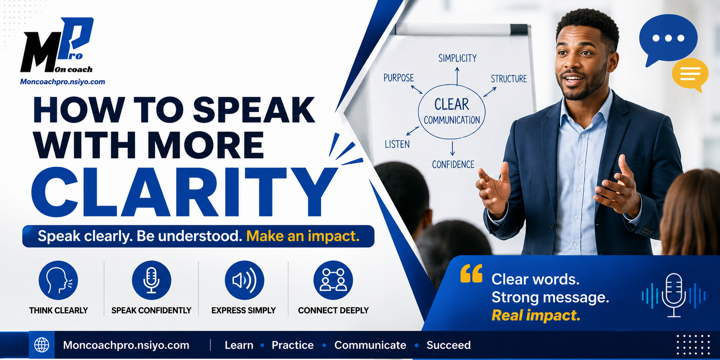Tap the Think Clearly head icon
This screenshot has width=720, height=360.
pyautogui.click(x=58, y=280)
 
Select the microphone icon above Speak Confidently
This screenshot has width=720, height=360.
pyautogui.click(x=151, y=280)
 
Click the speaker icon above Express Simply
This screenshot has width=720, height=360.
pyautogui.click(x=244, y=280)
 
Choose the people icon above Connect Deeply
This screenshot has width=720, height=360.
pyautogui.click(x=333, y=280)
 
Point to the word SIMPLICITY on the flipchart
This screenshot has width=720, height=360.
pyautogui.click(x=457, y=58)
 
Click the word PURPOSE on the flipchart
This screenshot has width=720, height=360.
pyautogui.click(x=399, y=78)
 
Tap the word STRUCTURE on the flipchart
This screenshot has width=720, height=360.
pyautogui.click(x=508, y=79)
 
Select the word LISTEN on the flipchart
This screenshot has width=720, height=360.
pyautogui.click(x=397, y=144)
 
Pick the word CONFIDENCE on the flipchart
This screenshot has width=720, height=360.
pyautogui.click(x=453, y=165)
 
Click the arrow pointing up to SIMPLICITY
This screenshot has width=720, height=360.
pyautogui.click(x=457, y=76)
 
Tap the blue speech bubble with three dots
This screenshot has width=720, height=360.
pyautogui.click(x=668, y=40)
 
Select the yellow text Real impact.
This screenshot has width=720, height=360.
pyautogui.click(x=536, y=315)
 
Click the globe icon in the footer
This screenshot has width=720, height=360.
pyautogui.click(x=42, y=345)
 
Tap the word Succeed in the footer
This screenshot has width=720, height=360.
pyautogui.click(x=448, y=345)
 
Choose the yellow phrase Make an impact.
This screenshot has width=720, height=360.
pyautogui.click(x=303, y=236)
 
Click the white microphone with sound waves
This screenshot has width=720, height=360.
pyautogui.click(x=674, y=296)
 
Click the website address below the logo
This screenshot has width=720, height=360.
pyautogui.click(x=63, y=81)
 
